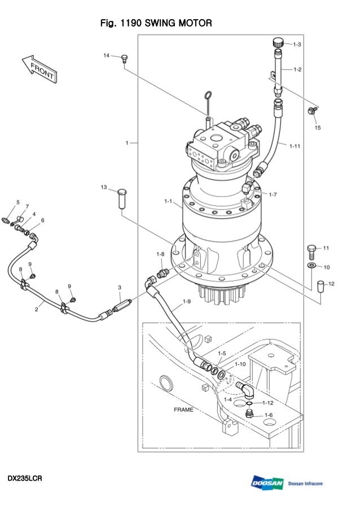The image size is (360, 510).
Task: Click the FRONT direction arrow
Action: [x=40, y=69]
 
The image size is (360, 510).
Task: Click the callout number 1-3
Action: [x=297, y=45]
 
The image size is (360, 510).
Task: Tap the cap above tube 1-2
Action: [x=278, y=42]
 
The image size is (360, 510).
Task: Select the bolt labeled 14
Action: [x=124, y=59]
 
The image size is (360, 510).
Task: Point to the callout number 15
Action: [x=318, y=128]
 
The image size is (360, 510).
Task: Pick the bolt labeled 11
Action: [x=311, y=251]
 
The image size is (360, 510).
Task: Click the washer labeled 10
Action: [x=311, y=265]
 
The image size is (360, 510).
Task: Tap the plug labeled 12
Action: [x=321, y=286]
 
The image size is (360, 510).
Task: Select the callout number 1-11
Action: [x=295, y=146]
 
